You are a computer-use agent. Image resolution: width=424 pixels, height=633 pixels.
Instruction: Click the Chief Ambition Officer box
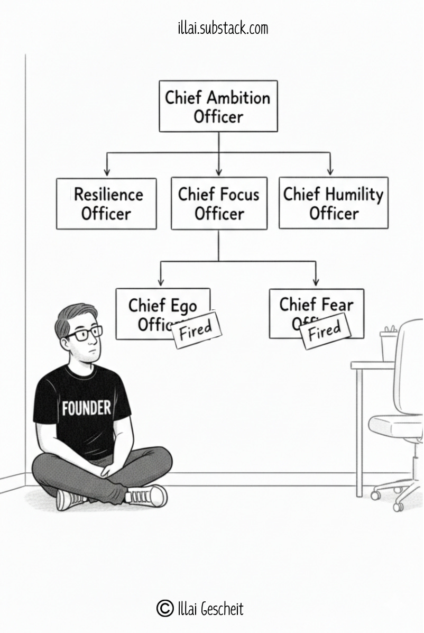(x=218, y=106)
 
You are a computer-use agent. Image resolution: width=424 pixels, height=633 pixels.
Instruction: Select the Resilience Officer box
(x=106, y=204)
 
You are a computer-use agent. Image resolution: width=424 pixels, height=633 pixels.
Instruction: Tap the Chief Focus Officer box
(x=219, y=204)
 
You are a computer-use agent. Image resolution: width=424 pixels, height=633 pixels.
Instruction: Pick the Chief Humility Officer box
(x=333, y=203)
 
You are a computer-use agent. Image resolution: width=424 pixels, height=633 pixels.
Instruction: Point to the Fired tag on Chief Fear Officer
(x=325, y=332)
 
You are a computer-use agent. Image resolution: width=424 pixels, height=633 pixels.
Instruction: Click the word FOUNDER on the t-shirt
(x=86, y=408)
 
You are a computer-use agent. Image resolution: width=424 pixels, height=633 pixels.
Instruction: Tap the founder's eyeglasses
(x=84, y=334)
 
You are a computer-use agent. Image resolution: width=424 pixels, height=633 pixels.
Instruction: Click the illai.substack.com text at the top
(x=223, y=27)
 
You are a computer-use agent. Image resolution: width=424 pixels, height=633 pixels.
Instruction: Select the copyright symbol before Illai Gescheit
(x=165, y=609)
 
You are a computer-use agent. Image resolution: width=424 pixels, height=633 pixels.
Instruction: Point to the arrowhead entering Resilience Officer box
(x=107, y=171)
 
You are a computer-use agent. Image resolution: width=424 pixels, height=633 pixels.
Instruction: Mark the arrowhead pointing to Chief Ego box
(x=161, y=281)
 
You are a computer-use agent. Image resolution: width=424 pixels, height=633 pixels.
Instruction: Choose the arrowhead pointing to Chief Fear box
(x=316, y=282)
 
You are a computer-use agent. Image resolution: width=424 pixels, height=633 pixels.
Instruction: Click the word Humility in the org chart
(x=354, y=195)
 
